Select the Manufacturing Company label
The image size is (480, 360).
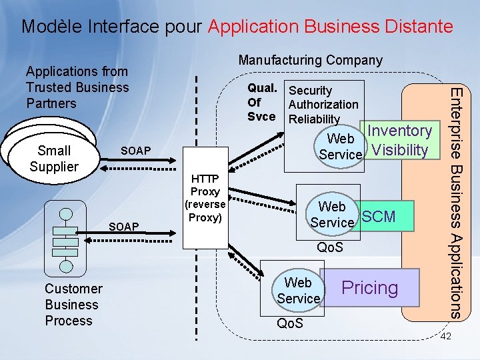tap(310, 60)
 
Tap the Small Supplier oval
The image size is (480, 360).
tap(53, 159)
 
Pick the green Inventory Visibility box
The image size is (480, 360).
tap(400, 140)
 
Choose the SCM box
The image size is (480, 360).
tap(379, 217)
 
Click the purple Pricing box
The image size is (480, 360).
tap(370, 288)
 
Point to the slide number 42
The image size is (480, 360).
tap(446, 337)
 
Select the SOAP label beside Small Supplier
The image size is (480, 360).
tap(135, 151)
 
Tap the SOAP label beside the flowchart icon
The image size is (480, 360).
tap(123, 227)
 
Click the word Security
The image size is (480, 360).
tap(310, 91)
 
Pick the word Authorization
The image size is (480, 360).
tap(323, 104)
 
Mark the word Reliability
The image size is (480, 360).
tap(314, 119)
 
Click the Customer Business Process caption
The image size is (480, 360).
tap(73, 305)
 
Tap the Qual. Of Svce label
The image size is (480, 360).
tap(262, 103)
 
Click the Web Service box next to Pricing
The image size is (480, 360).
tap(298, 291)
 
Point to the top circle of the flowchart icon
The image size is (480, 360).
tap(65, 215)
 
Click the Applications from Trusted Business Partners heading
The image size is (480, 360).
tap(77, 87)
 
